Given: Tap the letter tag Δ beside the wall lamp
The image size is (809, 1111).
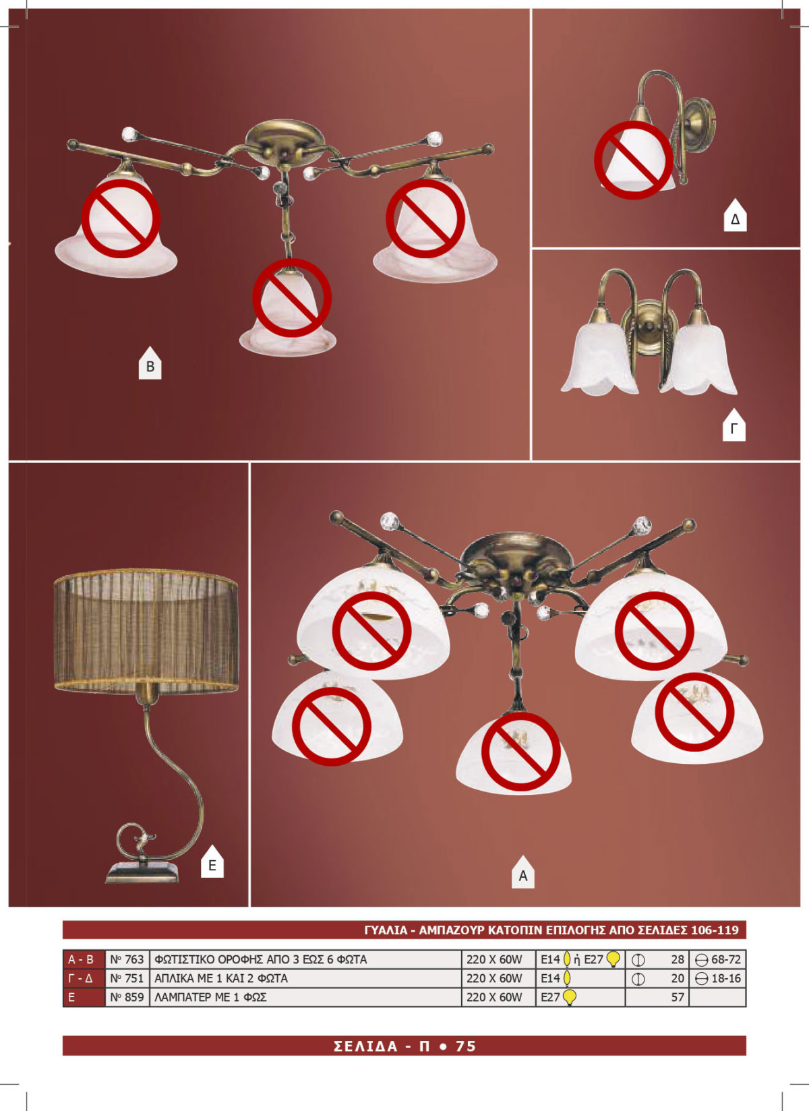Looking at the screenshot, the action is [735, 216].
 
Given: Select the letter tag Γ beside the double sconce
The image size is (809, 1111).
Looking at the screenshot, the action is [734, 425].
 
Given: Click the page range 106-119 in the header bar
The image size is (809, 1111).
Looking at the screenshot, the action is [715, 930].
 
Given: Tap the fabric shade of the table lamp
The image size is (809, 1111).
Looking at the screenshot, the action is [146, 630].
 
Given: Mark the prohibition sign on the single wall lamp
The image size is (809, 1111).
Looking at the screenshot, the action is [634, 160].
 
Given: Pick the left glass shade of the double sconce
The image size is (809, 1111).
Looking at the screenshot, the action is [600, 359].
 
